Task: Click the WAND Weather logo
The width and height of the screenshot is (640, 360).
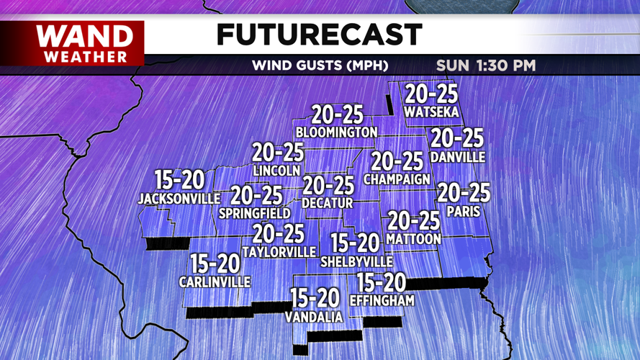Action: point(84,42)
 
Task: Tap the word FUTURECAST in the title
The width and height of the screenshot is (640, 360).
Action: point(319,34)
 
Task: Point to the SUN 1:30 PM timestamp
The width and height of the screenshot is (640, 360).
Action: point(485,66)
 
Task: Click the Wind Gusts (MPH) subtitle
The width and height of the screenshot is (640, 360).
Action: point(320,66)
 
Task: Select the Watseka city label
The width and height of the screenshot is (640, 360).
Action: point(432,112)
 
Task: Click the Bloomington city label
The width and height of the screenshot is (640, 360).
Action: point(336,132)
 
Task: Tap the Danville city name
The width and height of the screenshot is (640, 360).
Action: point(457,157)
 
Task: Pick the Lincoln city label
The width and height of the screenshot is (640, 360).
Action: point(277,171)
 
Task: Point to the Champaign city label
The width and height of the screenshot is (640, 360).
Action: point(397,179)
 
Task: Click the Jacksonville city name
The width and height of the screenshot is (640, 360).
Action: point(179,198)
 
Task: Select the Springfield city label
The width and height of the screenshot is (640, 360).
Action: point(256,213)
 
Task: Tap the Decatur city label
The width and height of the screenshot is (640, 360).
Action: point(328,204)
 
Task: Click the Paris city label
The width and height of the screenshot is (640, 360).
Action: point(463,212)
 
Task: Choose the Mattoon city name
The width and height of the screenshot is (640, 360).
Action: point(413,238)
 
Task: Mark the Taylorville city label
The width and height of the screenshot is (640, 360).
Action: point(279,252)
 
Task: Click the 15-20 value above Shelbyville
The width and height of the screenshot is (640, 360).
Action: point(355,243)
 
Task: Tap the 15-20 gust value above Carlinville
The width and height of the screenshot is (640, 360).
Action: point(215,264)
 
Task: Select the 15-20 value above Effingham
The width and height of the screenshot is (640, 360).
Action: point(382,283)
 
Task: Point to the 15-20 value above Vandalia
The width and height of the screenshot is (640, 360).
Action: point(315,297)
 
